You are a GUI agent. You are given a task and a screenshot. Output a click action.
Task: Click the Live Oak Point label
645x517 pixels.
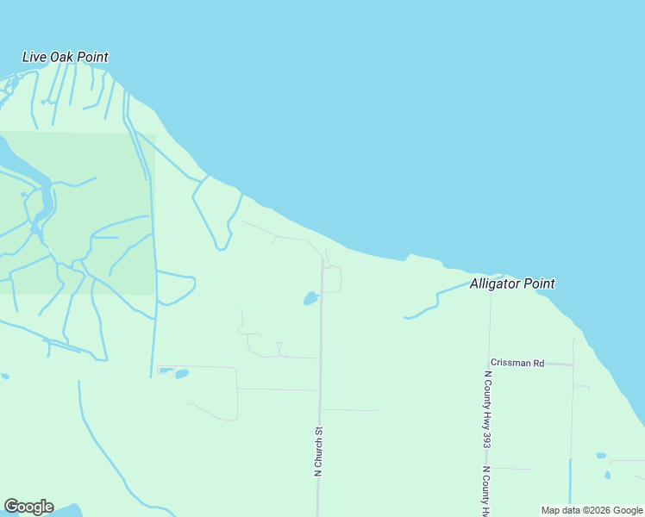coord(66,58)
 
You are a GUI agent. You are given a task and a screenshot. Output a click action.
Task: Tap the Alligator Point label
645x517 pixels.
coord(512,283)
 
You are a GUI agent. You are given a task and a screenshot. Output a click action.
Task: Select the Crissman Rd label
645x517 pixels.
coord(517,363)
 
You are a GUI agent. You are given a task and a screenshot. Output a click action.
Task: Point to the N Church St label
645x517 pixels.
coord(318,451)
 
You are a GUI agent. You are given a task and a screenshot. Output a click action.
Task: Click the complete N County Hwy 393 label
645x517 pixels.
coord(487,409)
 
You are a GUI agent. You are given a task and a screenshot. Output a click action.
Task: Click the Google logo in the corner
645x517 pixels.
coord(28,507)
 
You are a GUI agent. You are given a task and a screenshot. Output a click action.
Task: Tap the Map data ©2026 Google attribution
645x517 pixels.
coord(592,510)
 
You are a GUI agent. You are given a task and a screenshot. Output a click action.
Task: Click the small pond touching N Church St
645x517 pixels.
coord(310,299)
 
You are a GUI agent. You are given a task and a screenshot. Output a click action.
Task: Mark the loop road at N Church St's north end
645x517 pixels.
coord(334,279)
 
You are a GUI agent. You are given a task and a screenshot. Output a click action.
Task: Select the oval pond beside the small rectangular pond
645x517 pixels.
coord(182,374)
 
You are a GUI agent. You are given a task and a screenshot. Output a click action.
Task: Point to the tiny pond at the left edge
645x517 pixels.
coord(5,377)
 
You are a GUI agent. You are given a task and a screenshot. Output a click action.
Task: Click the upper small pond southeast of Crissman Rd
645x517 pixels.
coord(601,455)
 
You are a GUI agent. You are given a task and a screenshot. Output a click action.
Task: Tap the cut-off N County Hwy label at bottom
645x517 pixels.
coord(487,491)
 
